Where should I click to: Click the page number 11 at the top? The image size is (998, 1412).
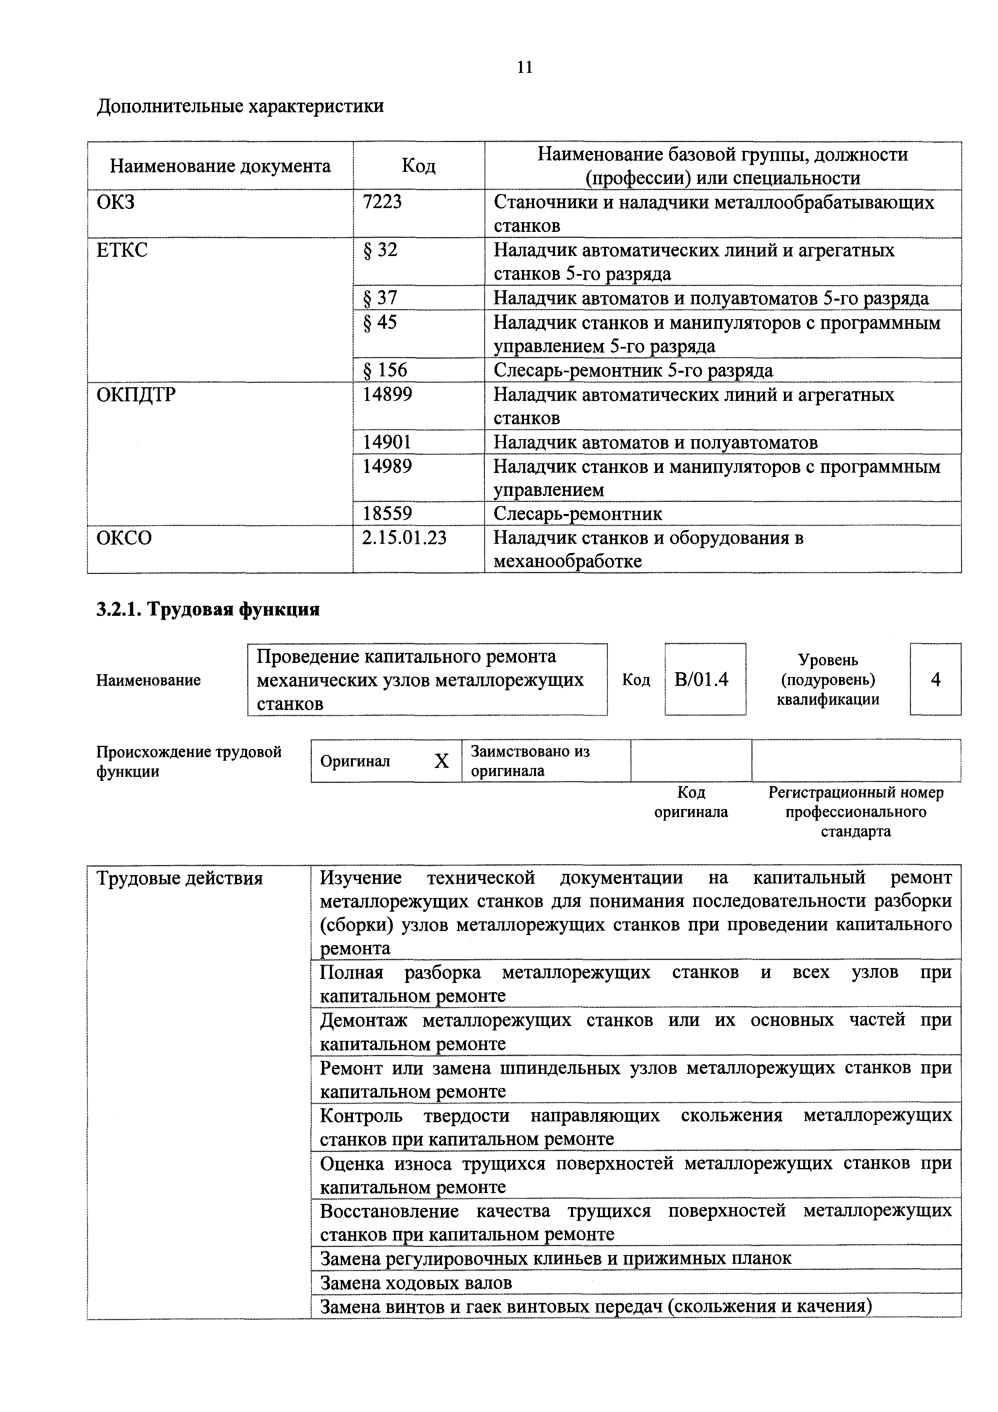tap(524, 67)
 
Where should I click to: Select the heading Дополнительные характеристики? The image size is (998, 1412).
tap(240, 106)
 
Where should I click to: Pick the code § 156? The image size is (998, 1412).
tap(385, 370)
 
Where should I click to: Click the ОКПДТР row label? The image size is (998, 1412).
tap(136, 394)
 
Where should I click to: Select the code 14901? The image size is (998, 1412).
tap(387, 442)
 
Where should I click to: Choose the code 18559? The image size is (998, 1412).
tap(387, 514)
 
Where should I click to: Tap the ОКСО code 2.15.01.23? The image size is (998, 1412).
tap(404, 538)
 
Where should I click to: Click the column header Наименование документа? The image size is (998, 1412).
tap(220, 166)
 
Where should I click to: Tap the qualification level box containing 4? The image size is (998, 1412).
tap(935, 679)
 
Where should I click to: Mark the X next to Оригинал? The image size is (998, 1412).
tap(441, 762)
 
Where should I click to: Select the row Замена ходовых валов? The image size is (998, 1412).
tap(416, 1283)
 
